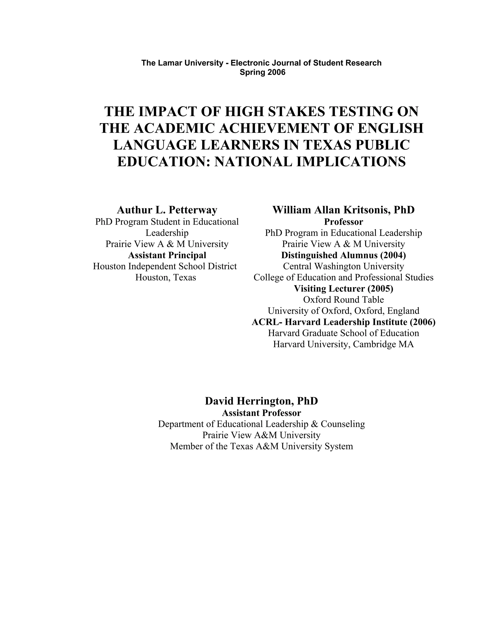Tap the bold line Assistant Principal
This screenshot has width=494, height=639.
tap(167, 255)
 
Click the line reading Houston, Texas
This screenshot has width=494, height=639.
tap(166, 277)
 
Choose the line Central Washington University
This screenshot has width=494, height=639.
tap(343, 266)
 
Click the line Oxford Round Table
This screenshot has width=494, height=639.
tap(343, 299)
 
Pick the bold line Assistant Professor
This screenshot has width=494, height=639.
tap(261, 413)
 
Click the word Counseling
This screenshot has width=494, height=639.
tap(343, 424)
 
